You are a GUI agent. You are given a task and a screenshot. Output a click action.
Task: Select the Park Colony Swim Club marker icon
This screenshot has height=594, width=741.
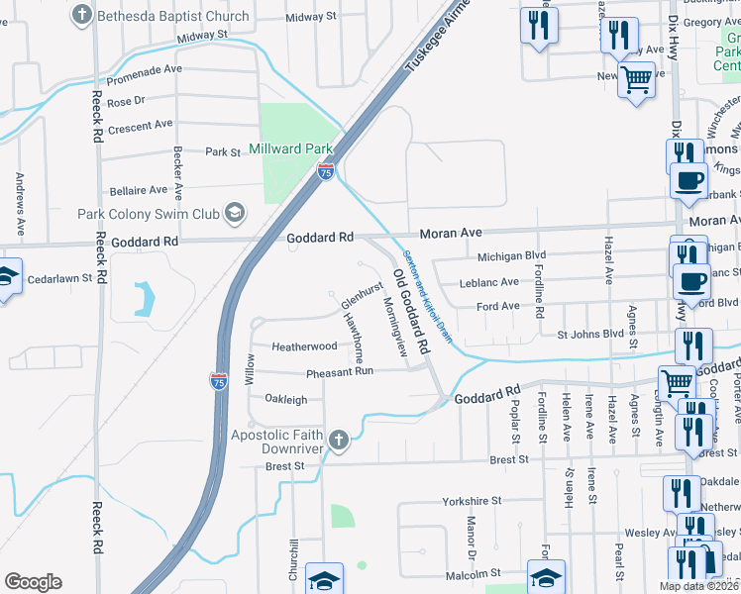tap(235, 212)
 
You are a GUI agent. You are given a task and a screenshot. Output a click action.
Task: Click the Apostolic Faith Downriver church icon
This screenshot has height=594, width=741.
tap(339, 441)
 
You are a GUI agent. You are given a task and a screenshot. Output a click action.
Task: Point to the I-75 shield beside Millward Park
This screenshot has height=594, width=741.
tap(325, 171)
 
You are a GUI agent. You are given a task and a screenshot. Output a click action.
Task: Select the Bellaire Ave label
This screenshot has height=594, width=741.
tap(138, 189)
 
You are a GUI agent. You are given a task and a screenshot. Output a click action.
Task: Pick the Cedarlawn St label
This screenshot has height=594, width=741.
tap(59, 278)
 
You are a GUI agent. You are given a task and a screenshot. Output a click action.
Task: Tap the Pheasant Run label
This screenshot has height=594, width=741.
tap(339, 371)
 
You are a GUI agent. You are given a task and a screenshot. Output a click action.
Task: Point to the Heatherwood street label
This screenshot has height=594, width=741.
tap(305, 346)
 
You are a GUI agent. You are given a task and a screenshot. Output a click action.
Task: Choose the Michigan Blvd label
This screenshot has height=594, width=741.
tap(511, 256)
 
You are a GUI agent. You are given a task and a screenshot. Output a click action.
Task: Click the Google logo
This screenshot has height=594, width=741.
tap(33, 582)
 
